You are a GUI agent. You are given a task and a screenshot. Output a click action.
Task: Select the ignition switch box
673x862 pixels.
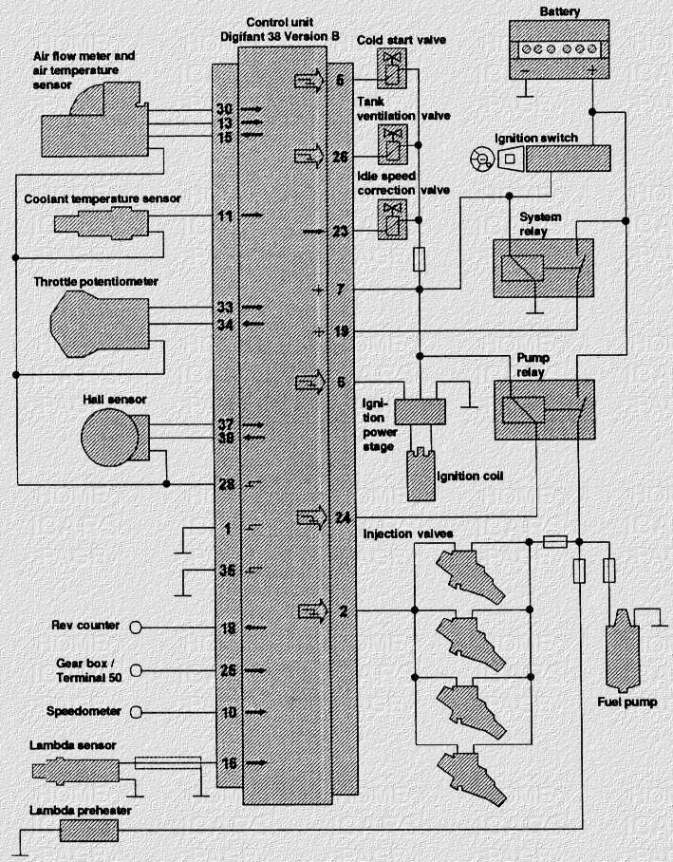567,158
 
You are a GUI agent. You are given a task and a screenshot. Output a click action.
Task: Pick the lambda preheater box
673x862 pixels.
87,831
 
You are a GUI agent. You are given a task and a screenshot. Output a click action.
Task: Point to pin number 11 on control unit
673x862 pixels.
225,216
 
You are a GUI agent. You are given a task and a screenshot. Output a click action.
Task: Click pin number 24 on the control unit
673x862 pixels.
344,518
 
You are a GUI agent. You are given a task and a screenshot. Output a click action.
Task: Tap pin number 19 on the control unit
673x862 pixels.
344,332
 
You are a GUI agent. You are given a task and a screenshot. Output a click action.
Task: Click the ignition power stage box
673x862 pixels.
420,412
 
